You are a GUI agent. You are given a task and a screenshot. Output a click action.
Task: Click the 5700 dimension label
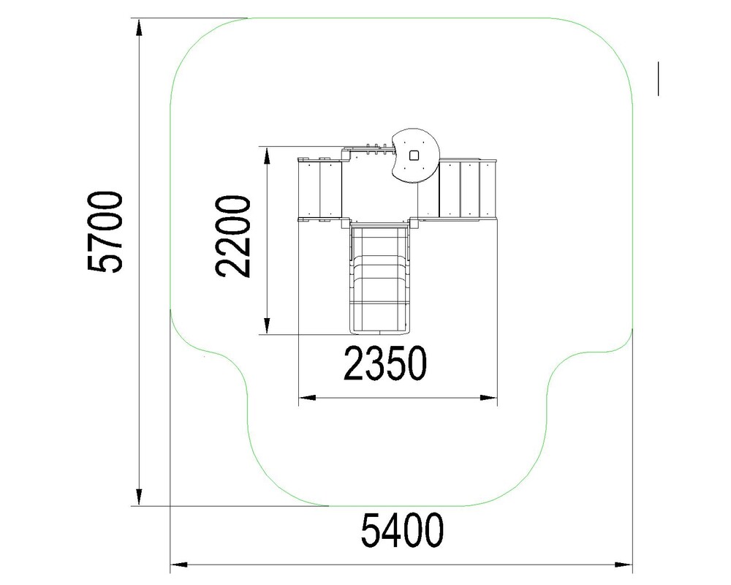[x=105, y=231]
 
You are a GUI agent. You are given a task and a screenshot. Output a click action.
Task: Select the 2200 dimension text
[x=232, y=236]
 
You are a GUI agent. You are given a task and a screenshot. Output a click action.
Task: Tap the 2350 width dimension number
[x=385, y=363]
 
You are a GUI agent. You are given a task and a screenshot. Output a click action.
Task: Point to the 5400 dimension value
[x=402, y=530]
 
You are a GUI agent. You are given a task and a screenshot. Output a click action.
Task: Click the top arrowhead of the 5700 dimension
[x=139, y=27]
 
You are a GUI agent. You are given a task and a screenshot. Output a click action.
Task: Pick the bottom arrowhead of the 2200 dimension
[x=267, y=326]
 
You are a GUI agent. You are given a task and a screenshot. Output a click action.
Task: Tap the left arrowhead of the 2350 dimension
[x=307, y=398]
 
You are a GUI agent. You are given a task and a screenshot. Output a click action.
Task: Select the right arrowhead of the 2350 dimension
[x=488, y=398]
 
